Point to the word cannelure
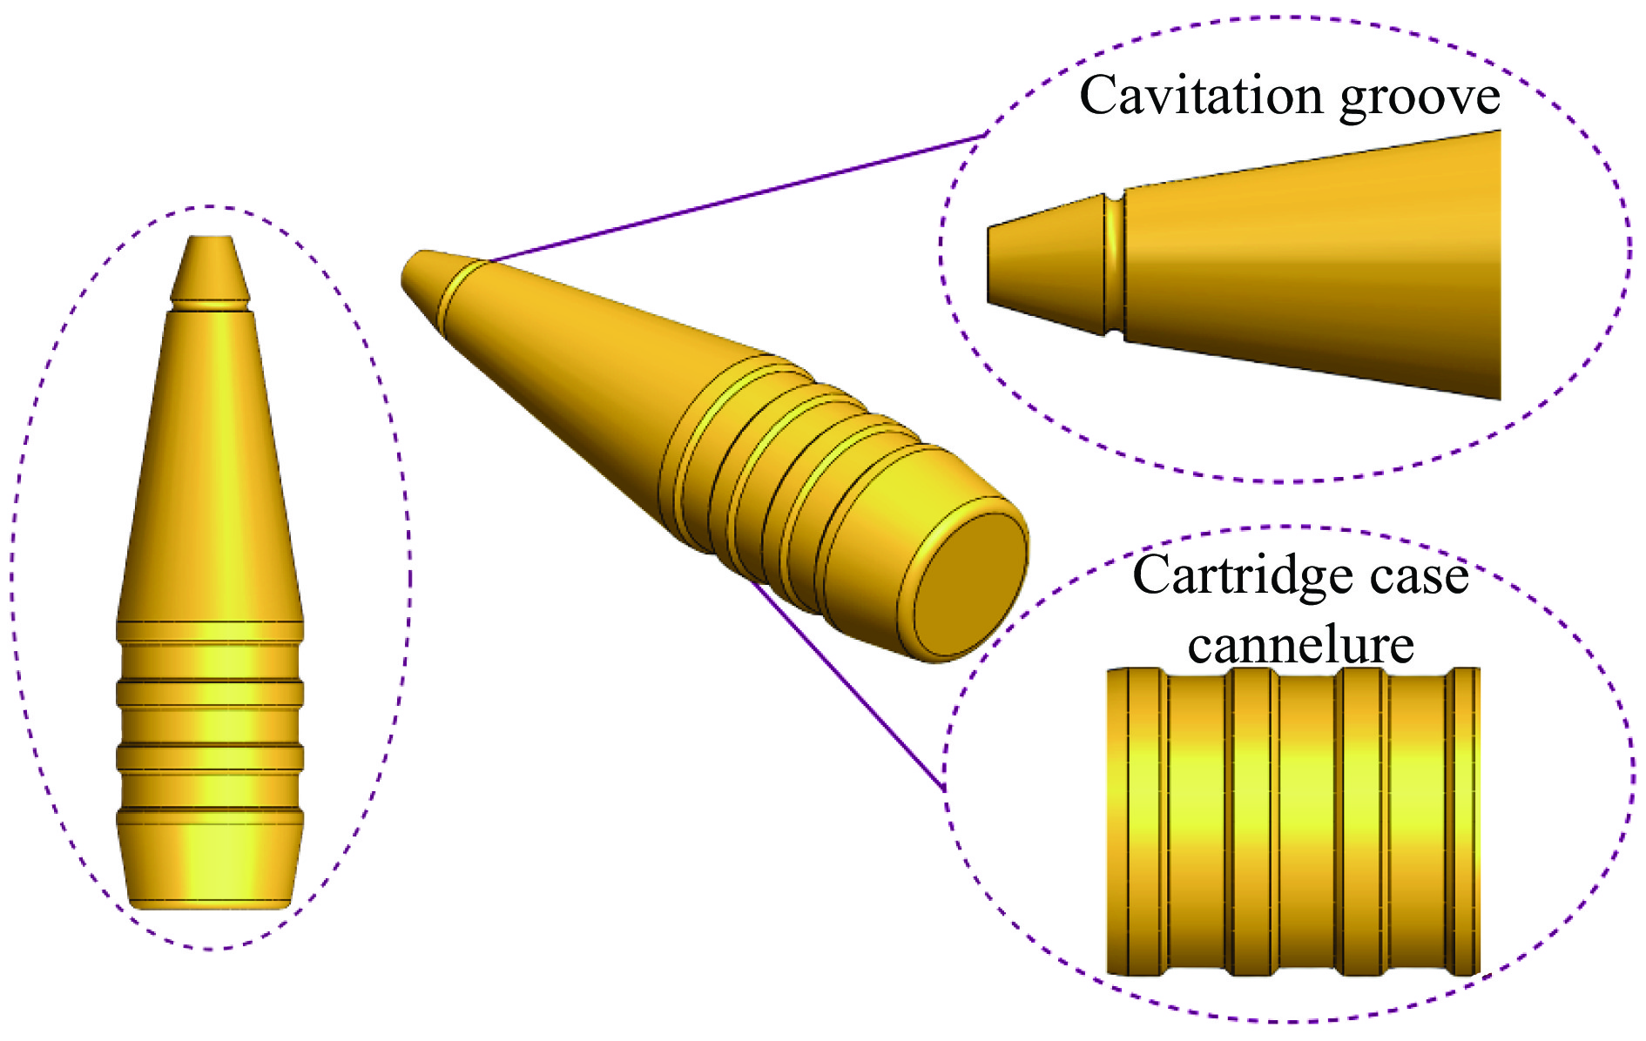click(x=1301, y=644)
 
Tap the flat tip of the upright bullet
click(x=210, y=237)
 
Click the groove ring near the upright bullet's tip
click(x=210, y=306)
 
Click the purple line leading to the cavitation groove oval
click(x=737, y=198)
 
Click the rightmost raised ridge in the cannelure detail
click(x=1463, y=821)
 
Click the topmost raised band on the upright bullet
click(x=210, y=631)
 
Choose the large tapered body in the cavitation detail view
click(x=1312, y=265)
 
